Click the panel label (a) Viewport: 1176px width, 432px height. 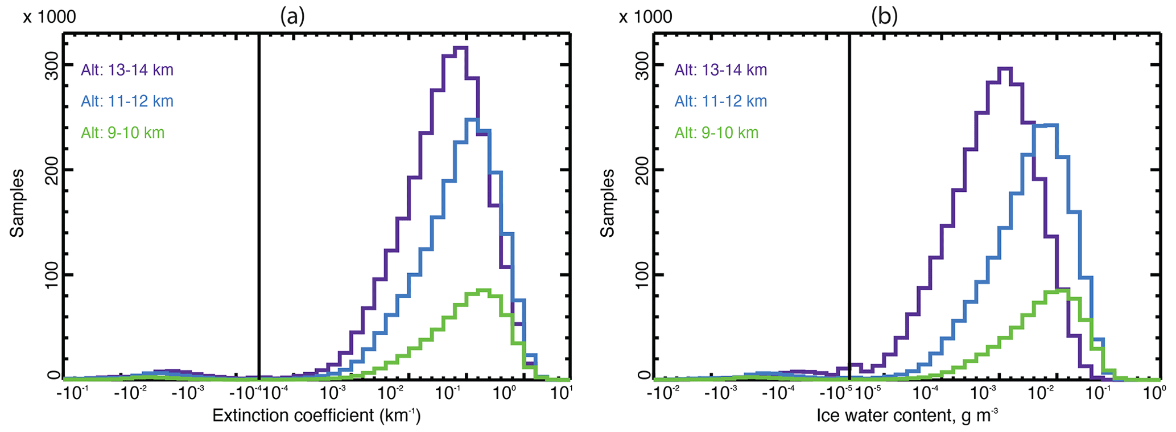coord(292,17)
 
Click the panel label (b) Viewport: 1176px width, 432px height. coord(884,17)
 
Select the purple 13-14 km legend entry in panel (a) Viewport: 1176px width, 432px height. coord(127,70)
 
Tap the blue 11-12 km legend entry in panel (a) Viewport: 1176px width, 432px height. coord(127,101)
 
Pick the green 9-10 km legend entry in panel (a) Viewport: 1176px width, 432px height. coord(122,133)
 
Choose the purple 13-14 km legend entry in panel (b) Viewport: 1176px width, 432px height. coord(721,70)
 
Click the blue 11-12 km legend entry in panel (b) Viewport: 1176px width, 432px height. coord(721,101)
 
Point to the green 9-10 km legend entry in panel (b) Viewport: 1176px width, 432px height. coord(716,133)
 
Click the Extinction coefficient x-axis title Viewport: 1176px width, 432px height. coord(316,416)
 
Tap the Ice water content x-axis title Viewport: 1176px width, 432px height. coord(907,416)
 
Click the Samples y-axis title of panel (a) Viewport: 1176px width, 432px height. coord(17,203)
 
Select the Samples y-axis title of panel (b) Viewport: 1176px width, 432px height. coord(608,203)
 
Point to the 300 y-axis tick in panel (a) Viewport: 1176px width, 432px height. coord(52,65)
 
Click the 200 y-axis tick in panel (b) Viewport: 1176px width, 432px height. coord(642,170)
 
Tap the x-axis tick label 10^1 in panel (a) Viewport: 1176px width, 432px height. coord(562,393)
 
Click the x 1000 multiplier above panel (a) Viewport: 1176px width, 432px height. coord(49,17)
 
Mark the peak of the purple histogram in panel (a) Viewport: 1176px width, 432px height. coord(461,48)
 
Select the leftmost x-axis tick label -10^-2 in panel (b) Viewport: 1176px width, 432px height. coord(662,393)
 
